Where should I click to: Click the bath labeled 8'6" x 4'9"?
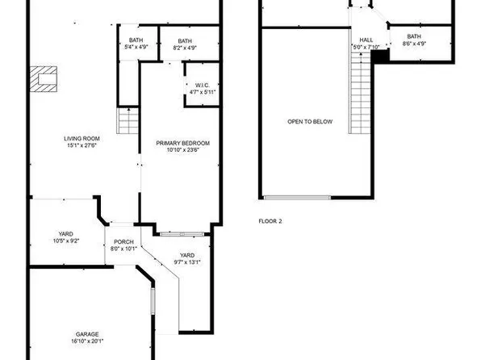(x=413, y=37)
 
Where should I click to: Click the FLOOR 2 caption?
(x=270, y=220)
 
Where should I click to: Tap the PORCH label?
(x=123, y=242)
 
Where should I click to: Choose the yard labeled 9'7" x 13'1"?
(x=187, y=257)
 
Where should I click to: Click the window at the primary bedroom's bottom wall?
(x=176, y=234)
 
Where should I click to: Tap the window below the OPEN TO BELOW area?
(x=296, y=197)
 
